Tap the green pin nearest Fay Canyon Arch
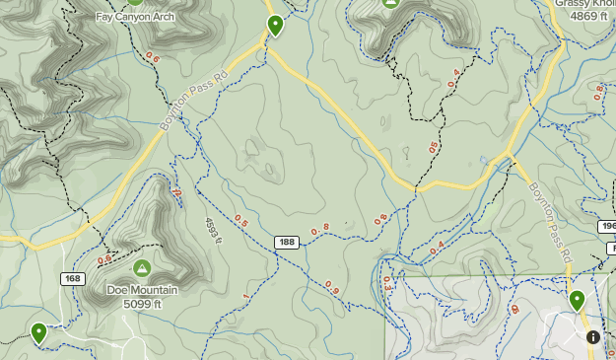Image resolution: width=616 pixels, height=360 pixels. [275, 26]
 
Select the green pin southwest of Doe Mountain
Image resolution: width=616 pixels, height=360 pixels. [38, 332]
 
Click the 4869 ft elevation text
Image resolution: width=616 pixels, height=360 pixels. [588, 17]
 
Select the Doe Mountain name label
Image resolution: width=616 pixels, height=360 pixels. [143, 290]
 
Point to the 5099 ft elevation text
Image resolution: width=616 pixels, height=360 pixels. [143, 304]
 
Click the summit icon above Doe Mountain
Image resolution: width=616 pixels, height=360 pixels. [141, 267]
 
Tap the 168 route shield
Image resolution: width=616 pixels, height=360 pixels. [73, 279]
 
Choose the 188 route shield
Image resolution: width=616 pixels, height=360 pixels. [287, 243]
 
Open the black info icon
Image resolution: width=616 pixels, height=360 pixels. [593, 337]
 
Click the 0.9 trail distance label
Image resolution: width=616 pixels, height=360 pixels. [332, 289]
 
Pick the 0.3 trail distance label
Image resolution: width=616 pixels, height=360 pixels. [386, 283]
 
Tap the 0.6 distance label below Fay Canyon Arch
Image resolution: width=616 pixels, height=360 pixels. [153, 57]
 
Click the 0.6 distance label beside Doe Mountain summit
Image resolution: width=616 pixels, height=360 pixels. [104, 261]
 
